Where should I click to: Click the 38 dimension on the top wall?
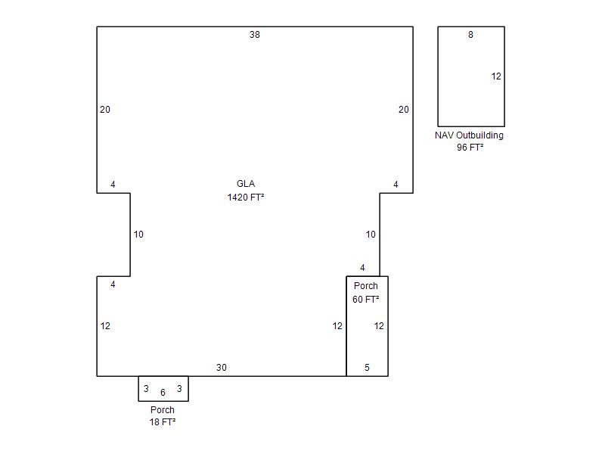(255, 35)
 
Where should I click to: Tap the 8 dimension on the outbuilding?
(470, 35)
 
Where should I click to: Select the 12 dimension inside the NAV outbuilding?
(496, 76)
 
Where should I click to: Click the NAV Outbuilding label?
(469, 135)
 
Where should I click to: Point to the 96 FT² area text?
(470, 147)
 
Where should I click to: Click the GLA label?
(246, 184)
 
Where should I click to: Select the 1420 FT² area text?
(246, 197)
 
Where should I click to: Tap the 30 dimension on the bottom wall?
(222, 368)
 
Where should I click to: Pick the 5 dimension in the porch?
(367, 368)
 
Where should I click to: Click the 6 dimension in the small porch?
(163, 393)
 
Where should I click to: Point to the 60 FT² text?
(366, 299)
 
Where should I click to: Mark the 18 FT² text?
(163, 422)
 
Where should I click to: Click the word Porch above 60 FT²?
(366, 286)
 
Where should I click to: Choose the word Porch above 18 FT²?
(163, 410)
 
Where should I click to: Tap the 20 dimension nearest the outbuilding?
(404, 110)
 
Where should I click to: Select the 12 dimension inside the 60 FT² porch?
(379, 326)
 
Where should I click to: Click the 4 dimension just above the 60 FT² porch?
(362, 268)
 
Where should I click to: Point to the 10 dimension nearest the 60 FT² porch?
(371, 235)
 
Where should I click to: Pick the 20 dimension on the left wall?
(105, 110)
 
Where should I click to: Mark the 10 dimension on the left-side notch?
(138, 235)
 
